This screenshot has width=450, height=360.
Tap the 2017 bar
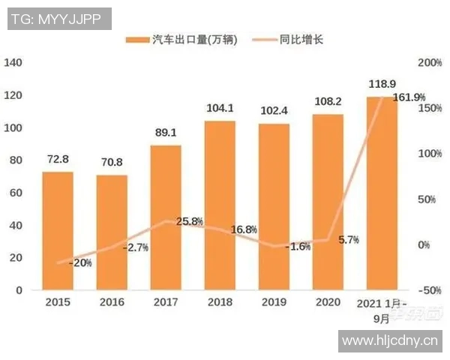[165, 217]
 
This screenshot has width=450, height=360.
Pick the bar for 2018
[220, 205]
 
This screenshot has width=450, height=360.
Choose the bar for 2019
[274, 207]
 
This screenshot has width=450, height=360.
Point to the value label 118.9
[382, 82]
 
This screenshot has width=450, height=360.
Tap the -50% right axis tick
[427, 290]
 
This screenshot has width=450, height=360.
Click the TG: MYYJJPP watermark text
[57, 17]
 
